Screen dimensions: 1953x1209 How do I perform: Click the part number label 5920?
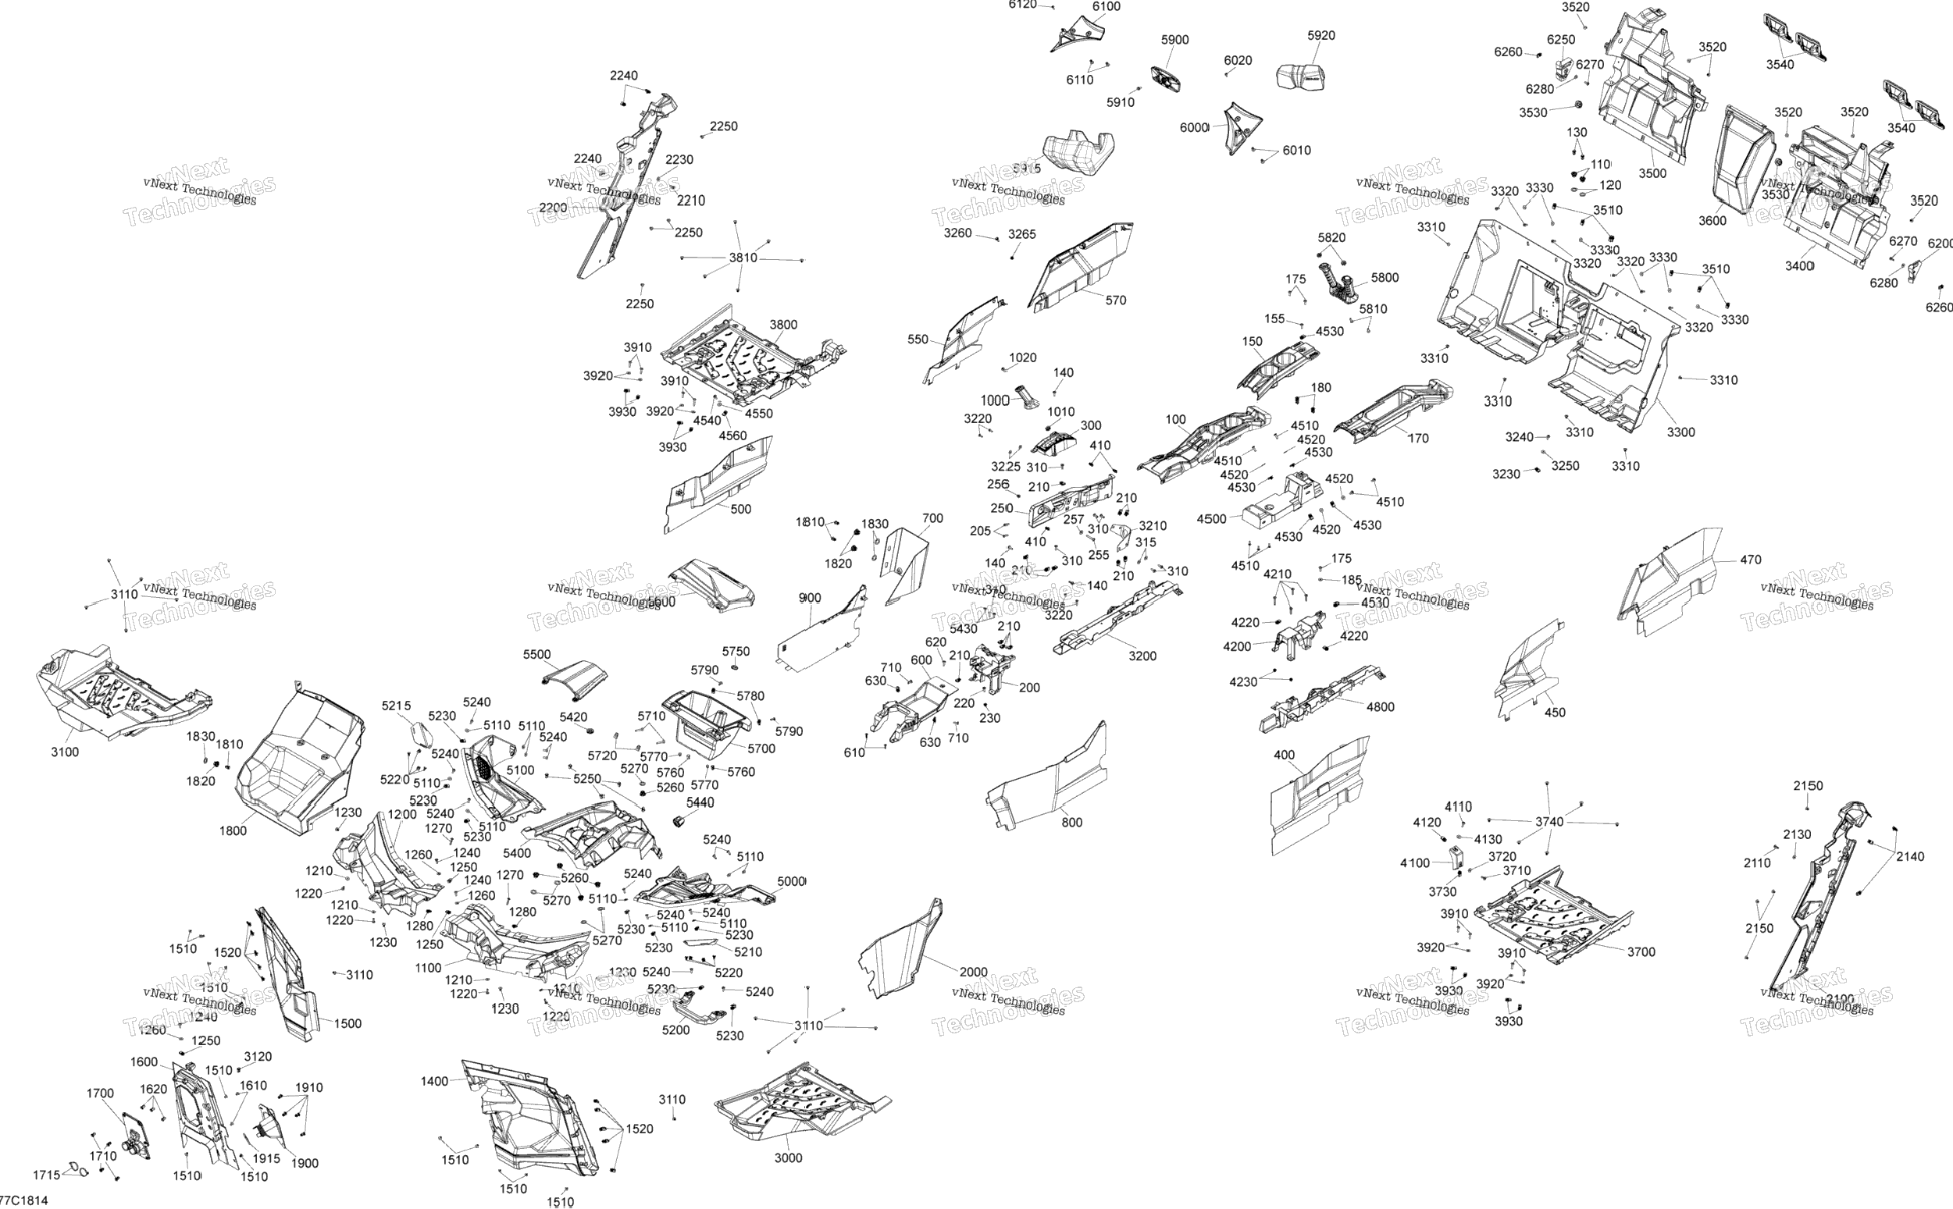(x=1321, y=35)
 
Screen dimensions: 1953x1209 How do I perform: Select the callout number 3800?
(x=783, y=325)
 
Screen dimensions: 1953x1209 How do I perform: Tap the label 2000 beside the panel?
(x=973, y=972)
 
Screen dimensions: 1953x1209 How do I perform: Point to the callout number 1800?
(x=233, y=830)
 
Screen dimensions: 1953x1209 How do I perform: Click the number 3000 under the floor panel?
(x=788, y=1157)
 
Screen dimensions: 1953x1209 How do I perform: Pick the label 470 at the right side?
(x=1751, y=560)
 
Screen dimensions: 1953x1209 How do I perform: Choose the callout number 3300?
(x=1680, y=432)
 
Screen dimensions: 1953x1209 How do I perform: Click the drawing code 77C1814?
(x=24, y=1201)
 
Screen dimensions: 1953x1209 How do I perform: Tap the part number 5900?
(x=1174, y=39)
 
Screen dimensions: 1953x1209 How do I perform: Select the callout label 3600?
(x=1712, y=221)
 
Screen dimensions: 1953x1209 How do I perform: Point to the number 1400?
(x=434, y=1081)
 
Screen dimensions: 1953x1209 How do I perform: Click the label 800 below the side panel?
(x=1071, y=822)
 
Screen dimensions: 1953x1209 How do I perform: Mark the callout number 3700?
(x=1641, y=951)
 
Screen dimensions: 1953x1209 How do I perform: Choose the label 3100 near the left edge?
(x=65, y=752)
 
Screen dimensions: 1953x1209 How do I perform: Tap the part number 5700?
(x=761, y=749)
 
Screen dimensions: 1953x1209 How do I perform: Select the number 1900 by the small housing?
(x=305, y=1164)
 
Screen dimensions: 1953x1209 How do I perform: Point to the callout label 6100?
(x=1106, y=6)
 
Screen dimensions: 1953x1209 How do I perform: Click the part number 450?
(x=1555, y=713)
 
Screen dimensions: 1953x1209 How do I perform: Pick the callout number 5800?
(x=1385, y=277)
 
